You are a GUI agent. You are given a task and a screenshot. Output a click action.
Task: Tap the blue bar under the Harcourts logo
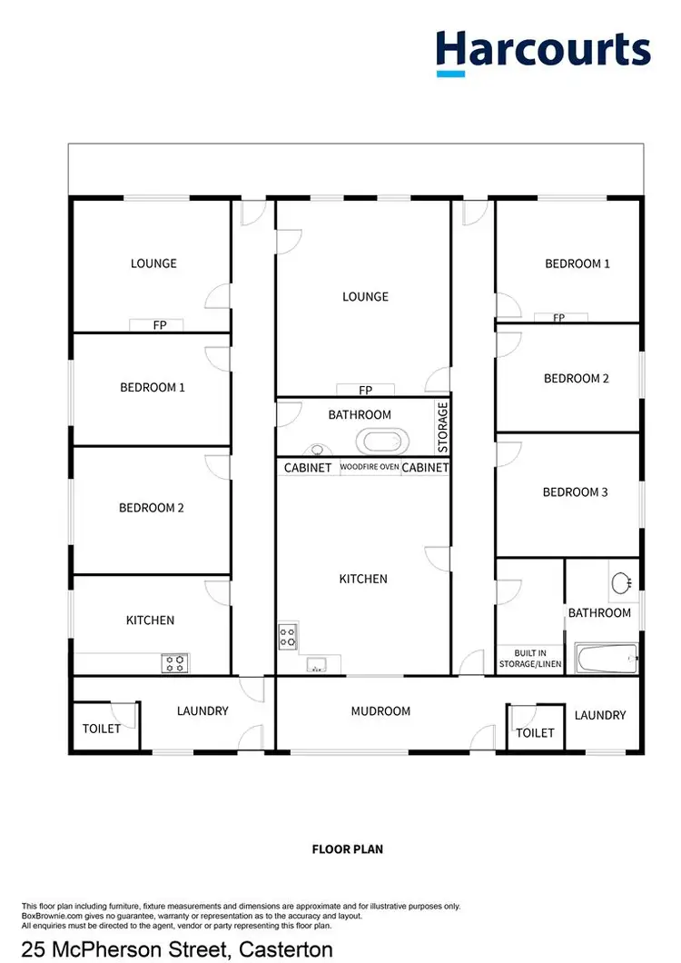click(x=450, y=73)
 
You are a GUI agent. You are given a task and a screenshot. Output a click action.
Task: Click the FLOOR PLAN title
click(x=348, y=849)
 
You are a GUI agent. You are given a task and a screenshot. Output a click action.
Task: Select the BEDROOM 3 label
click(x=575, y=492)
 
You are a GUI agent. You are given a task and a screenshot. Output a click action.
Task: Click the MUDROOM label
click(x=380, y=711)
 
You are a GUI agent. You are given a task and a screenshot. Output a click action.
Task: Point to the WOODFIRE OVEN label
click(x=369, y=468)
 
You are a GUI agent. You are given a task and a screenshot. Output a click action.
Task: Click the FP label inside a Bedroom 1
click(x=558, y=318)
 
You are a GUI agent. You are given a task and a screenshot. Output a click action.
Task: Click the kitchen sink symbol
click(x=317, y=664)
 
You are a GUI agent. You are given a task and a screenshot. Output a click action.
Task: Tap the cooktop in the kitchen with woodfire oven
click(x=288, y=636)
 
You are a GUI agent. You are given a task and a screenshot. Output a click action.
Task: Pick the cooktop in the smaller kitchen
click(x=173, y=663)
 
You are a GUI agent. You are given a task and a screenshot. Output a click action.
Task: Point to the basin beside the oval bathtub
click(x=318, y=449)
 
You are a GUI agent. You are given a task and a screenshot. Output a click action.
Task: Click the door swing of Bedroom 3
click(x=508, y=454)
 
